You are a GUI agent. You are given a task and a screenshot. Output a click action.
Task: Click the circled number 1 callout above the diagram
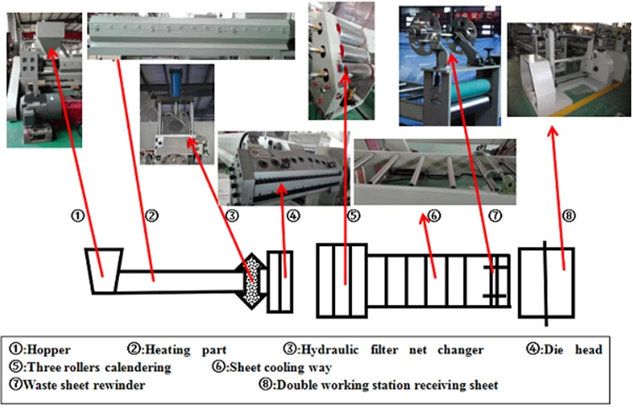pyautogui.click(x=78, y=216)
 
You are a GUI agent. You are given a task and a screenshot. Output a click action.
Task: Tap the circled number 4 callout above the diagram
pyautogui.click(x=294, y=216)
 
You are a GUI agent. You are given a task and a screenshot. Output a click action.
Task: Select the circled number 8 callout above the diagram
pyautogui.click(x=569, y=216)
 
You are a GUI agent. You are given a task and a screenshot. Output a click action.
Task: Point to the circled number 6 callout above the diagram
pyautogui.click(x=434, y=216)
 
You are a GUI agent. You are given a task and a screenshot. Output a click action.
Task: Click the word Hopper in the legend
pyautogui.click(x=48, y=350)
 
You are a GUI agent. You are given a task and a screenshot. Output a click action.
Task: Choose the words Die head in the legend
pyautogui.click(x=573, y=349)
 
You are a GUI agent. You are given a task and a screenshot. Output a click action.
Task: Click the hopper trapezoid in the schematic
pyautogui.click(x=104, y=271)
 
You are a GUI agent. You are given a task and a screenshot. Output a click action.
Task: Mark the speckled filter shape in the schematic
pyautogui.click(x=252, y=281)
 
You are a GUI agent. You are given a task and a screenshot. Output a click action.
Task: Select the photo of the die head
pyautogui.click(x=284, y=167)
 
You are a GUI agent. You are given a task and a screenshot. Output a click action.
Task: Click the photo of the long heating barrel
pyautogui.click(x=192, y=36)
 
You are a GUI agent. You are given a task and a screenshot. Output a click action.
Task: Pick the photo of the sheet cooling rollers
pyautogui.click(x=435, y=172)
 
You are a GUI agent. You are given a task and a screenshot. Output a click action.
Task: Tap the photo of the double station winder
pyautogui.click(x=569, y=69)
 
